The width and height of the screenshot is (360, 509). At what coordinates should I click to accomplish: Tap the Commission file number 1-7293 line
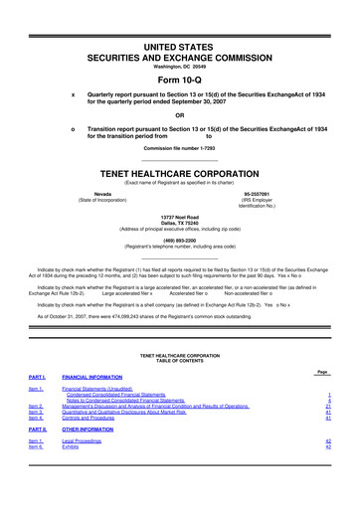click(x=179, y=148)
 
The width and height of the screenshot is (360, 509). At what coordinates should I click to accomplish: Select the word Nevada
click(x=102, y=193)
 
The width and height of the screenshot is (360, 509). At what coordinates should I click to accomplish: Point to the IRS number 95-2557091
click(x=259, y=193)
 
